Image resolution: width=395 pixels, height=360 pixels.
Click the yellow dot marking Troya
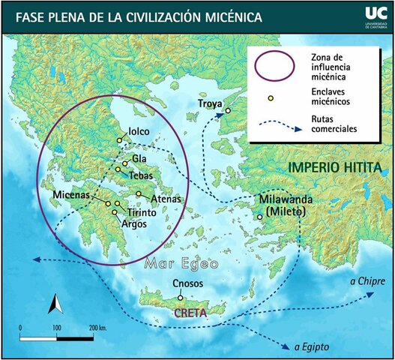(x=228, y=111)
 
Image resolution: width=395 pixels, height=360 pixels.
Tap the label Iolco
(x=139, y=132)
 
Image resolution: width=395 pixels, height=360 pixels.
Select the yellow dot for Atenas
(x=139, y=194)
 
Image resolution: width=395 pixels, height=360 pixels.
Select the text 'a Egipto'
(x=311, y=346)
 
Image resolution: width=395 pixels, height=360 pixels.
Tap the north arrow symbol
(x=54, y=304)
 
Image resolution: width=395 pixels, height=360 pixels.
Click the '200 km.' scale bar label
(x=99, y=328)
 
